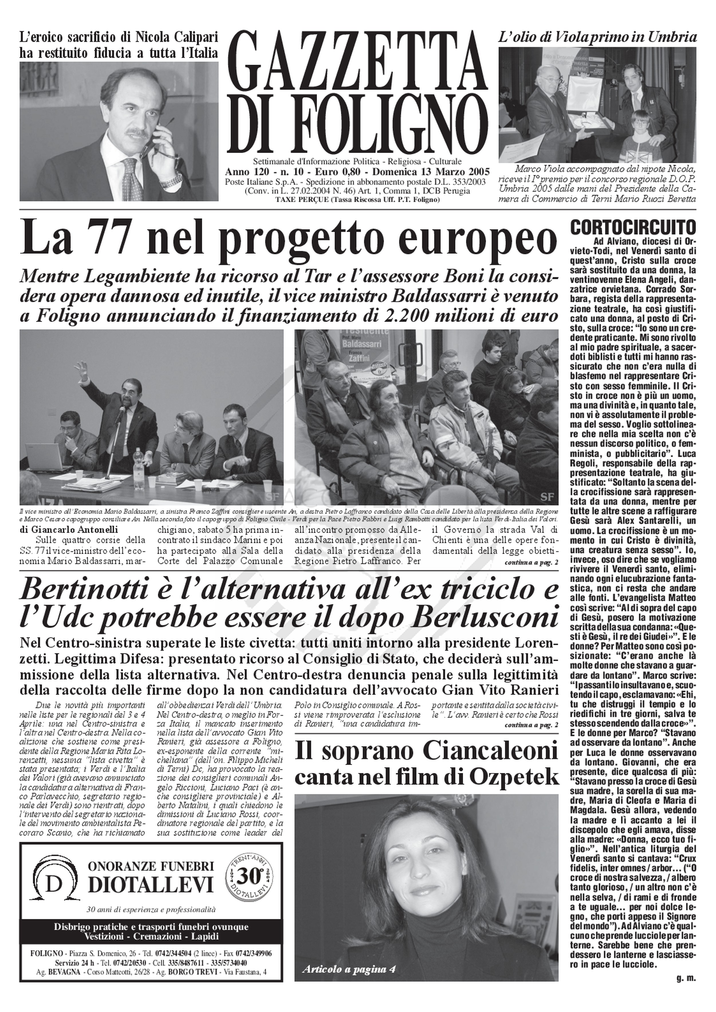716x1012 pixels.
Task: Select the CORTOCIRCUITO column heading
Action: tap(633, 227)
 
